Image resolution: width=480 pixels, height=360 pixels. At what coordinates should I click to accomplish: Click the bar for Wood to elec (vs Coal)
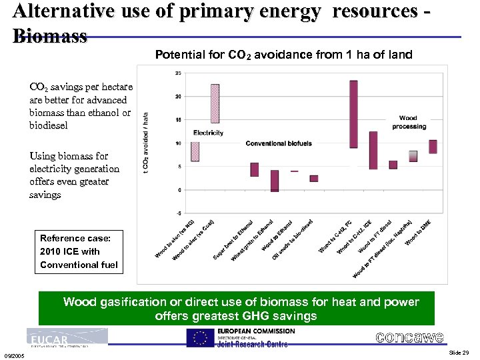[215, 103]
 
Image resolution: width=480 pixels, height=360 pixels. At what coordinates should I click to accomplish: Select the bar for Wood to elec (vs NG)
[195, 151]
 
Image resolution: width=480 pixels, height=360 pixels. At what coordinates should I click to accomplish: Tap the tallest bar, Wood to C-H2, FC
[353, 113]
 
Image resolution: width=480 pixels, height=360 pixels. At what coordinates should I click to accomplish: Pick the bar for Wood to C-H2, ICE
[373, 150]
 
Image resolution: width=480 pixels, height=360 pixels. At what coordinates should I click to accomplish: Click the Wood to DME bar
[433, 147]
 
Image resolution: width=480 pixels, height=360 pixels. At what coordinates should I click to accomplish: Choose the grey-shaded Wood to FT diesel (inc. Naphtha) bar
[413, 156]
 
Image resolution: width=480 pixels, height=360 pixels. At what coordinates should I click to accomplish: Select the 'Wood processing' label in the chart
[408, 123]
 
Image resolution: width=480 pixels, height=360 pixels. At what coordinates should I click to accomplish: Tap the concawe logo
[409, 337]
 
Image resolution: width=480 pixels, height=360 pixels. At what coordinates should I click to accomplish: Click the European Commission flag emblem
[199, 338]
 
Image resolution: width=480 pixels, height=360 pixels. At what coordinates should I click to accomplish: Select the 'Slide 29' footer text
[459, 352]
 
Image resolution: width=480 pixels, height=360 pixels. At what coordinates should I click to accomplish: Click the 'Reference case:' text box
[79, 251]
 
